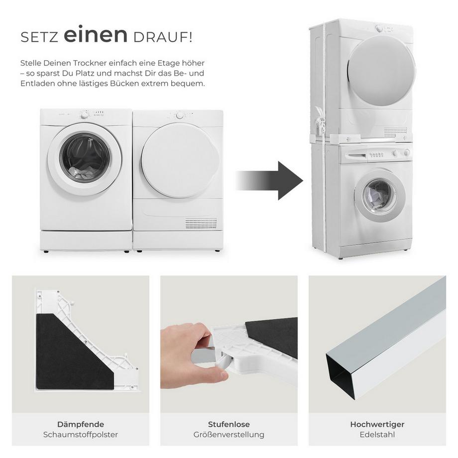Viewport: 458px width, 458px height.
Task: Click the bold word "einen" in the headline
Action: [x=95, y=36]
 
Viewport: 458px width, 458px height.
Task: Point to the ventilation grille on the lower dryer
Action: [x=201, y=224]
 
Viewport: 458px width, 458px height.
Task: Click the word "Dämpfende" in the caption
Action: [x=80, y=425]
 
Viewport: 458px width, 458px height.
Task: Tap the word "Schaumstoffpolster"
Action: [x=80, y=435]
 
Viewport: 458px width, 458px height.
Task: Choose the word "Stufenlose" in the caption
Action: [x=229, y=425]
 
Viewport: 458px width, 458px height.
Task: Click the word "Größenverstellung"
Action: [x=229, y=435]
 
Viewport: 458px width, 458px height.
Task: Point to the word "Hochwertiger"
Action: [x=377, y=425]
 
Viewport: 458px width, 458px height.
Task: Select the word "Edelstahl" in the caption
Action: [x=377, y=435]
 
